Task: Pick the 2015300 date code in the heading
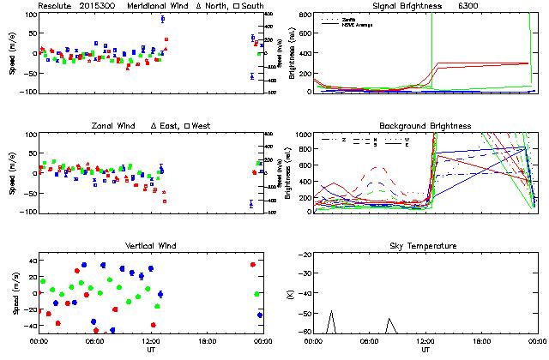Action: (x=97, y=6)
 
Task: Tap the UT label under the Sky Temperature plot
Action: (x=425, y=350)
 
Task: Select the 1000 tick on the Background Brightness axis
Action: (x=302, y=135)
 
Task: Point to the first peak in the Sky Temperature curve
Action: (x=331, y=311)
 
